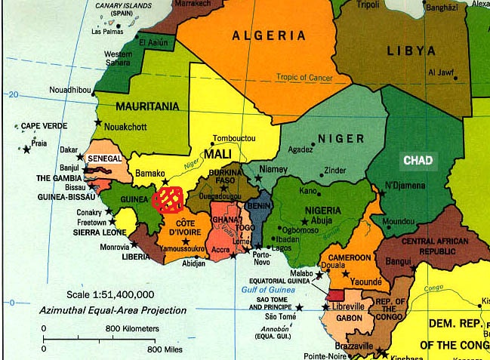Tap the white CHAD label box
[418, 161]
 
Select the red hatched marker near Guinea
[167, 198]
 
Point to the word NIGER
[341, 139]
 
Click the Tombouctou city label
[235, 139]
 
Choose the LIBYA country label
[411, 51]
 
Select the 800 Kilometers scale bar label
[131, 329]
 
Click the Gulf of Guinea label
[267, 290]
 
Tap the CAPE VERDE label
[40, 126]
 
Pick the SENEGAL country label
[105, 159]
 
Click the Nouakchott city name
[125, 126]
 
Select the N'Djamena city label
[407, 186]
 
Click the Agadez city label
[300, 149]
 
